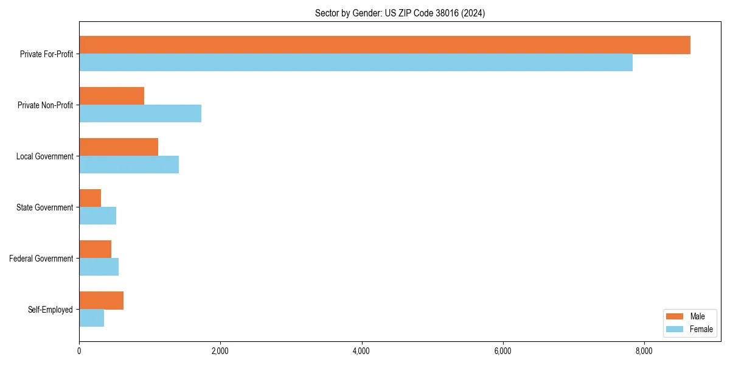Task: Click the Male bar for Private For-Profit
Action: point(384,45)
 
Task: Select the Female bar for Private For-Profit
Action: point(356,63)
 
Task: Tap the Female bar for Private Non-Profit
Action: point(140,114)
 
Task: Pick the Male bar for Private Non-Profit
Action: point(111,96)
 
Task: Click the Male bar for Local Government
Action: point(119,147)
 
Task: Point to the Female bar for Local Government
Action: point(129,165)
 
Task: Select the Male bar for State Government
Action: point(90,198)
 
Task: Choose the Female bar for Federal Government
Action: point(99,267)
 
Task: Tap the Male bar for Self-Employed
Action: point(101,301)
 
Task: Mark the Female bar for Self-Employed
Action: point(91,318)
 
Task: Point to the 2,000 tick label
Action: point(220,351)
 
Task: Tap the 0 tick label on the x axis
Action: point(79,351)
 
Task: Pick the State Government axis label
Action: point(44,207)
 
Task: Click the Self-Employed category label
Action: point(50,310)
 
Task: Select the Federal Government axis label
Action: point(41,259)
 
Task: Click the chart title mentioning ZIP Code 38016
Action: point(400,13)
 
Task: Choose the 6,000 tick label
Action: point(502,351)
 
